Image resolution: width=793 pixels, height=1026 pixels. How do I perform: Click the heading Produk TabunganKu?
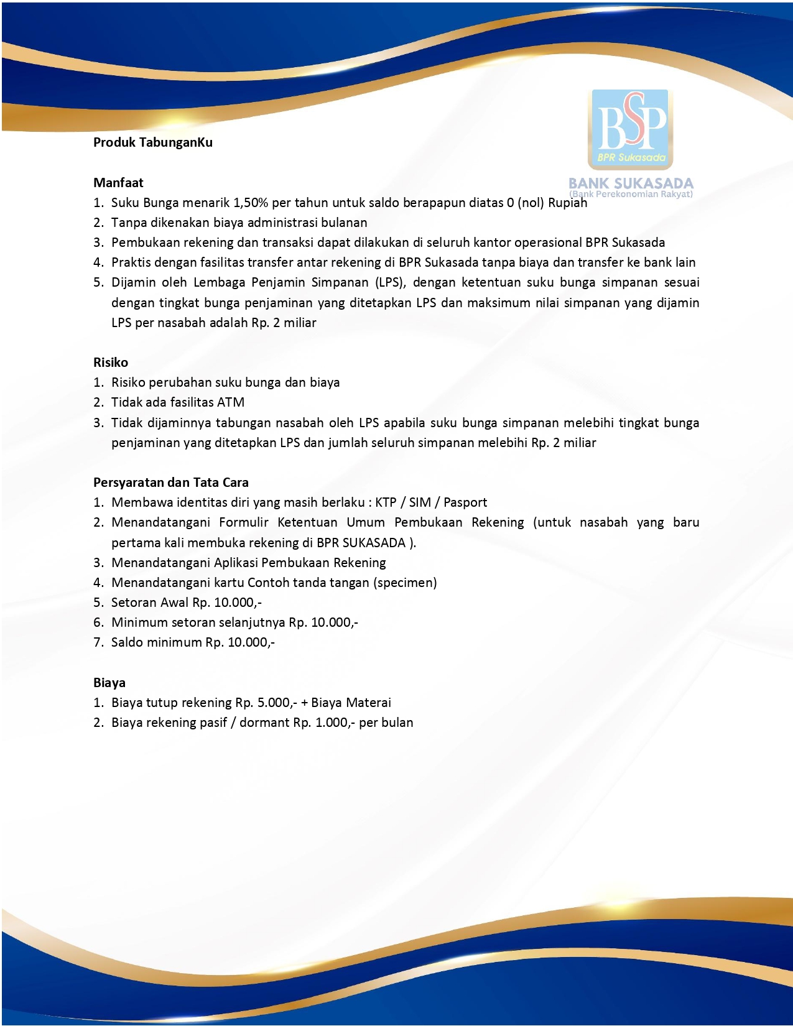pyautogui.click(x=153, y=142)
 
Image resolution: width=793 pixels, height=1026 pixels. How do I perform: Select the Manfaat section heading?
pyautogui.click(x=118, y=183)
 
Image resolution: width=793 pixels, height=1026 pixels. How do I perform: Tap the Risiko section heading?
pyautogui.click(x=111, y=363)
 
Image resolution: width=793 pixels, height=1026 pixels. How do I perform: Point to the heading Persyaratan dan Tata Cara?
pyautogui.click(x=171, y=483)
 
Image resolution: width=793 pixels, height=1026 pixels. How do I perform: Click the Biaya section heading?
pyautogui.click(x=109, y=683)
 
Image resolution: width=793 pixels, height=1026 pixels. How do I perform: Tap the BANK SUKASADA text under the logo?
pyautogui.click(x=631, y=183)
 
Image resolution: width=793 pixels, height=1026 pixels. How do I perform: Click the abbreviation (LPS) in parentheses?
pyautogui.click(x=390, y=282)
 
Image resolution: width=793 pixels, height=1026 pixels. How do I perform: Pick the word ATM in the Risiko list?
pyautogui.click(x=231, y=402)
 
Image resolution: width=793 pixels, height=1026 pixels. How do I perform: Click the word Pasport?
pyautogui.click(x=465, y=502)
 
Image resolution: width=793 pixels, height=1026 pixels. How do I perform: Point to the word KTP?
pyautogui.click(x=386, y=502)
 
